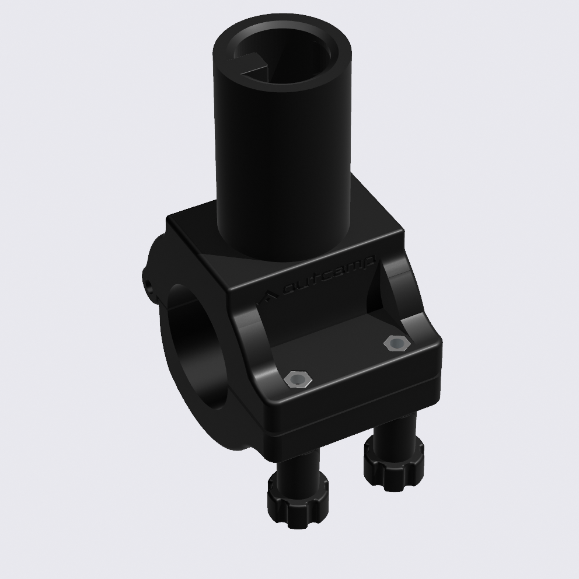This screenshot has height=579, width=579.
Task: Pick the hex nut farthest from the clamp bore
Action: coord(396,343)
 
